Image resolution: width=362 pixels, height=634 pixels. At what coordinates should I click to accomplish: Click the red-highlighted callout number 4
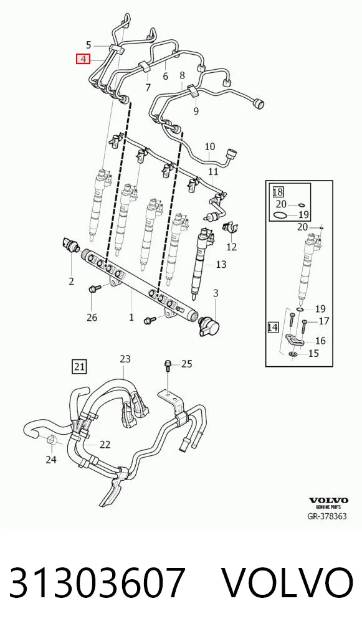pyautogui.click(x=83, y=59)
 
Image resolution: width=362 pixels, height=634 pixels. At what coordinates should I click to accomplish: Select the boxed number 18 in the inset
pyautogui.click(x=278, y=192)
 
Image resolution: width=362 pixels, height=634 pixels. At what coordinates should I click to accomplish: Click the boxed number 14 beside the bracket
pyautogui.click(x=273, y=327)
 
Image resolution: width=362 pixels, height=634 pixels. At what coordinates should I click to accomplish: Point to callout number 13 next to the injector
pyautogui.click(x=221, y=265)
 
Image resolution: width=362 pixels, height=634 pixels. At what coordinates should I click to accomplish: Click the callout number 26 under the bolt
pyautogui.click(x=92, y=318)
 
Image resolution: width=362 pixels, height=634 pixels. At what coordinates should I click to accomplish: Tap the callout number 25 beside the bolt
pyautogui.click(x=186, y=364)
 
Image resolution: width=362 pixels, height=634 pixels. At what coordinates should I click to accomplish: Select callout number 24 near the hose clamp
pyautogui.click(x=51, y=460)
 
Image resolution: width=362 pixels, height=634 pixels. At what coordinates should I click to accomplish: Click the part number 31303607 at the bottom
pyautogui.click(x=97, y=583)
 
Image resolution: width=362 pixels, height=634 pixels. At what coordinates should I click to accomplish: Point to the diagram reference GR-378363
pyautogui.click(x=327, y=516)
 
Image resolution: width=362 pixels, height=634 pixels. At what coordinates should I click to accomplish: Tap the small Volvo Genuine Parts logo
pyautogui.click(x=328, y=503)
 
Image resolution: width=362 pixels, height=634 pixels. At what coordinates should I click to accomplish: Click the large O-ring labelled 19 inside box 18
pyautogui.click(x=281, y=215)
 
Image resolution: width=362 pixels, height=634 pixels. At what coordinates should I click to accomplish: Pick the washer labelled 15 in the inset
pyautogui.click(x=293, y=354)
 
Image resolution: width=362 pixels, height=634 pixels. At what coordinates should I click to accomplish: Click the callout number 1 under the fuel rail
pyautogui.click(x=131, y=317)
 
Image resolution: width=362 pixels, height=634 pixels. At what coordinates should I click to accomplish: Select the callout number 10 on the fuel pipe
pyautogui.click(x=210, y=147)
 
